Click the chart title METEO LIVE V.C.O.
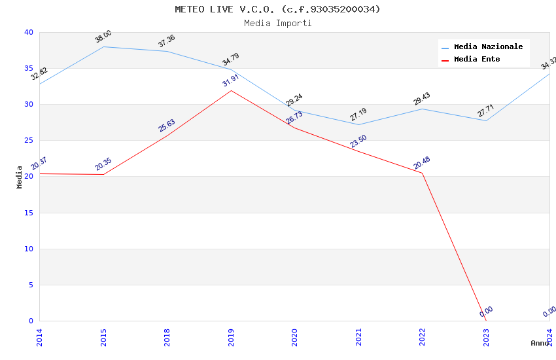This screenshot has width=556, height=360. (x=277, y=9)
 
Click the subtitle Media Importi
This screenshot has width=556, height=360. (x=277, y=23)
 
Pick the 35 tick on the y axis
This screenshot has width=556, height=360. (x=28, y=69)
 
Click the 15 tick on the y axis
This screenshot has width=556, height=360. (x=28, y=213)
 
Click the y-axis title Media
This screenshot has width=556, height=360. (x=20, y=177)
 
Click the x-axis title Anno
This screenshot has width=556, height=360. (x=540, y=343)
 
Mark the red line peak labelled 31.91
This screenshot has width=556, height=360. (x=231, y=90)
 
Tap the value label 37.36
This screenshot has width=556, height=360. (x=167, y=41)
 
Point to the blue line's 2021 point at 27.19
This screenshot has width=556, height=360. (x=358, y=124)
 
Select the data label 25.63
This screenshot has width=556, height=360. (x=167, y=126)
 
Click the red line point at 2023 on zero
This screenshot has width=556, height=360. (x=486, y=321)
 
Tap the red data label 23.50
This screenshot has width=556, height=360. (x=358, y=141)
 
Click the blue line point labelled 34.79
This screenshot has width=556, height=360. (x=231, y=69)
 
